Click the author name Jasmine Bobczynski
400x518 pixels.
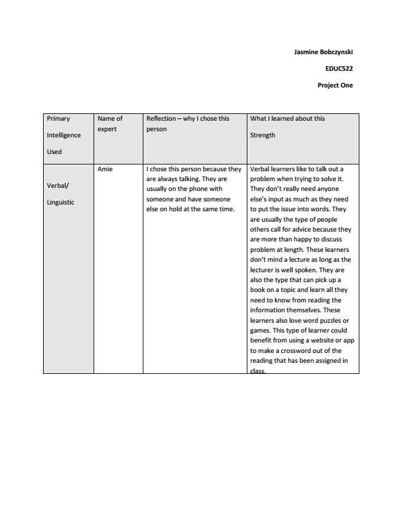(x=323, y=52)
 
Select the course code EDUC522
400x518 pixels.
(x=339, y=69)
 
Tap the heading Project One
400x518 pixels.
(x=335, y=86)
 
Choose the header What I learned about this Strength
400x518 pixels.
(x=287, y=126)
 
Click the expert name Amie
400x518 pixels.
(x=105, y=169)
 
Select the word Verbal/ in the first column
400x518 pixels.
(x=57, y=185)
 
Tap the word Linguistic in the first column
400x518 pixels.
(x=60, y=202)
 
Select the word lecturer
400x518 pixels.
(x=265, y=270)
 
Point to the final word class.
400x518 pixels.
(x=258, y=371)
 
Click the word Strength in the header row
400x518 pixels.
(x=263, y=135)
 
